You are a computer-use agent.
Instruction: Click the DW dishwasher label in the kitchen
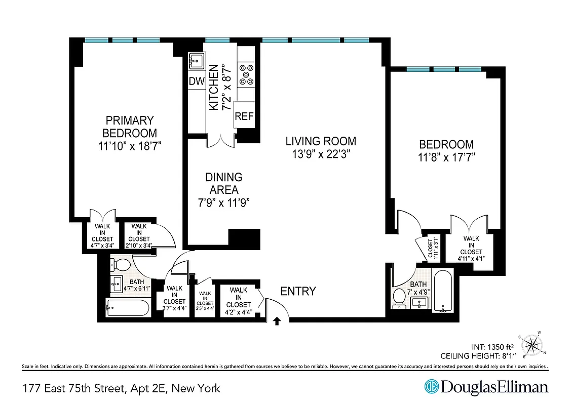tap(196, 81)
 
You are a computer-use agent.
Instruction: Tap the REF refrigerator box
tap(244, 116)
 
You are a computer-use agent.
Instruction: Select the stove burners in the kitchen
tap(247, 74)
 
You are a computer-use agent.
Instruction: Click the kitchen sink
tap(196, 62)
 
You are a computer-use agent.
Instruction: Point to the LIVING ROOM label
tap(320, 141)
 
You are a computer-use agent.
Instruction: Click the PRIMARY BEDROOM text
tap(129, 127)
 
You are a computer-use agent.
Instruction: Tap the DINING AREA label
tap(223, 183)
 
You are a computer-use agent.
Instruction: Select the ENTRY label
tap(298, 291)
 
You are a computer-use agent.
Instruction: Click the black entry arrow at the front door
tap(277, 320)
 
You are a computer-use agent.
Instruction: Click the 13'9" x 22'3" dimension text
tap(320, 154)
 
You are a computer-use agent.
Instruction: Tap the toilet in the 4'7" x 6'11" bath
tap(121, 264)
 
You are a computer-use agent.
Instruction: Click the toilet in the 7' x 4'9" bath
tap(399, 299)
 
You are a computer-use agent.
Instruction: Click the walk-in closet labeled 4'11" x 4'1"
tap(471, 248)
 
